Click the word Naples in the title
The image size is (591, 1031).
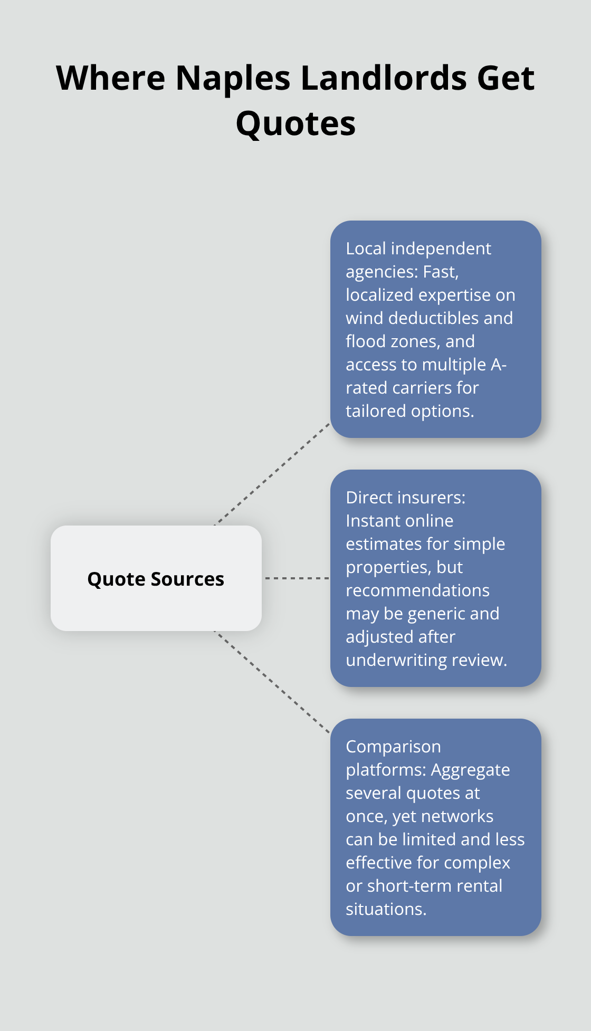coord(232,78)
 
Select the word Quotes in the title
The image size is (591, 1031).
coord(295,124)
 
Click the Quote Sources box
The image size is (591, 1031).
coord(156,578)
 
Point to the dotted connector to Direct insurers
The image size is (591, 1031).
coord(297,578)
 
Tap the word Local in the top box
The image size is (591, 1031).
coord(366,249)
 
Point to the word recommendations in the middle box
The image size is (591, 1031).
coord(417,590)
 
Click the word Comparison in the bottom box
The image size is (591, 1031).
coord(393,747)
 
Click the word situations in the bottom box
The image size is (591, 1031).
coord(386,909)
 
